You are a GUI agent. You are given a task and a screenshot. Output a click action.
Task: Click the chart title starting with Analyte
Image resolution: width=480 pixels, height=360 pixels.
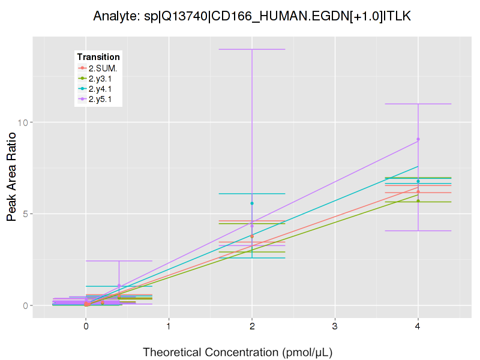point(252,16)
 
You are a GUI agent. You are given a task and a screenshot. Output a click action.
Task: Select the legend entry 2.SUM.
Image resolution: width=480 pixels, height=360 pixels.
point(103,68)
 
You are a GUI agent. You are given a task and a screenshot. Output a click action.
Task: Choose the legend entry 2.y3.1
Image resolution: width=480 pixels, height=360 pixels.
point(100,79)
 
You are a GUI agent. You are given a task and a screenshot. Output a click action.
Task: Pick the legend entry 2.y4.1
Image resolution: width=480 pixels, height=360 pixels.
point(100,89)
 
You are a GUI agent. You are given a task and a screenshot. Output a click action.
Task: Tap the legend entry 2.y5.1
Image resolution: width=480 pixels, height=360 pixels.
point(100,99)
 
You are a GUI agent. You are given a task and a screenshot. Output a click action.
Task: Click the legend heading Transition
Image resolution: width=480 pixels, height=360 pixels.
point(98,57)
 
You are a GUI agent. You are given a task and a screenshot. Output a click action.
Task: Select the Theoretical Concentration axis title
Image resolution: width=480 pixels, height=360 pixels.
point(238,352)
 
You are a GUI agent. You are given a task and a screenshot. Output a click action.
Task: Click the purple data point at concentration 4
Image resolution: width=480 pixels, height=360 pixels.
point(418,139)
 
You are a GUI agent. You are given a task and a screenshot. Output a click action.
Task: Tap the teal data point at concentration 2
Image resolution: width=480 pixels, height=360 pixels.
point(252,203)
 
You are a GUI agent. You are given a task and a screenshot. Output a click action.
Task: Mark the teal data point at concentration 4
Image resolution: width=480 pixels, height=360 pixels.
point(418,181)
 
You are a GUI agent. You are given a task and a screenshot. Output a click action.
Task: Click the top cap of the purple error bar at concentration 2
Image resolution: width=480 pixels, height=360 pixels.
point(252,49)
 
